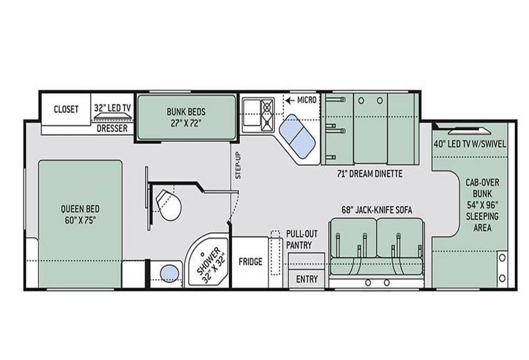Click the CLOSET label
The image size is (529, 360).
pos(66,109)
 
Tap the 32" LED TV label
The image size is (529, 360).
pos(112,108)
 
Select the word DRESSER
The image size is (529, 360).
pos(112,128)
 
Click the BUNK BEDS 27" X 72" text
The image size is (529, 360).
pos(186,117)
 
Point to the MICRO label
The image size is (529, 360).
pos(307,100)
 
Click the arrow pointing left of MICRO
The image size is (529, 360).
pos(290,100)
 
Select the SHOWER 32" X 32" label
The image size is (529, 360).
pos(211,266)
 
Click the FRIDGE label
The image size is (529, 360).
pos(250,262)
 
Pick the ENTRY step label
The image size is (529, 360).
pos(307,279)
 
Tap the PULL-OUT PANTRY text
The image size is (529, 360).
pos(302,239)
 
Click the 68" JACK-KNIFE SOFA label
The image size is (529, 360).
pos(377,210)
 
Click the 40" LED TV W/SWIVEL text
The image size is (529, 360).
pos(470,144)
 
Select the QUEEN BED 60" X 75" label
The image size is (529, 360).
pos(80,215)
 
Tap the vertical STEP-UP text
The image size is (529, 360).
pos(238,165)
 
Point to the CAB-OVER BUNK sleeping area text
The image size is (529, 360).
pos(482,205)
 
